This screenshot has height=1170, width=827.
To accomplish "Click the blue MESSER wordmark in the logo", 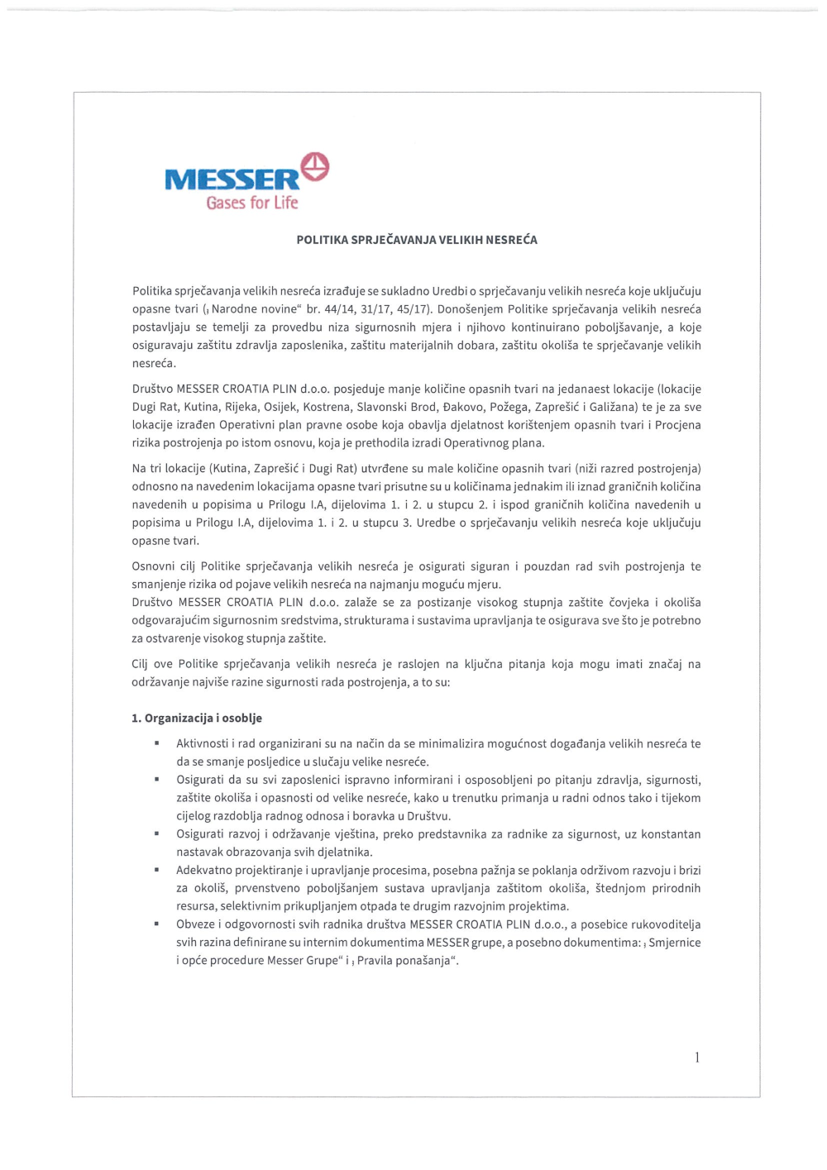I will point(232,179).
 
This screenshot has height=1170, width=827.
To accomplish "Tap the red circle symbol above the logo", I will point(315,165).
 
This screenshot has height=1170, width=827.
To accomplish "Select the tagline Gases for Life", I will point(252,203).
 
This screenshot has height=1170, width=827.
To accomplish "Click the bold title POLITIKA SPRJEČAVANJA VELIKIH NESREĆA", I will point(417,240).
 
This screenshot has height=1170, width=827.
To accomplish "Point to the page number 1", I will point(697,1057).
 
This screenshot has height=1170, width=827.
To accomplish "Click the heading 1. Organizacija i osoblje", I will point(197,718).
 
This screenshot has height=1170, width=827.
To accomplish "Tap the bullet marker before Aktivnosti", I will point(156,743).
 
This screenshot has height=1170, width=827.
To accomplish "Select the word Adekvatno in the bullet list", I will point(203,870).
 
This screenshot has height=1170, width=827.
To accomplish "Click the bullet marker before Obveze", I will point(156,924).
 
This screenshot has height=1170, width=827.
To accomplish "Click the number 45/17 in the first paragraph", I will point(413,309).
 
